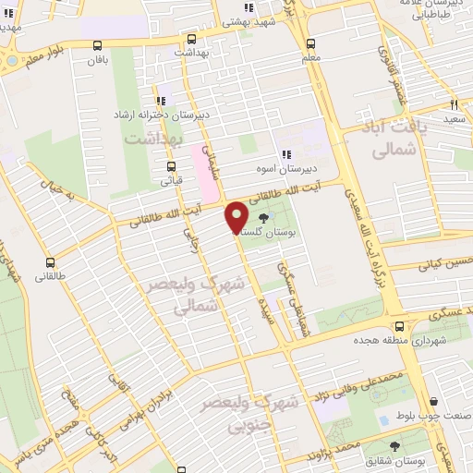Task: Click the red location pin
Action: (236, 217)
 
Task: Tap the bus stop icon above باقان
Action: (98, 44)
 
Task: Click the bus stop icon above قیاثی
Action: (170, 167)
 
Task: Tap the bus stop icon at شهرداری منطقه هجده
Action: (399, 326)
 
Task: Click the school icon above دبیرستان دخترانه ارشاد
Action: (161, 100)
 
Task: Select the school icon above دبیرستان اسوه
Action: (286, 154)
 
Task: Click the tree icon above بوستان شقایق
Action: (395, 446)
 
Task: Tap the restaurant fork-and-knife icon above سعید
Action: (454, 104)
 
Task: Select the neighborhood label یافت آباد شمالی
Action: (392, 140)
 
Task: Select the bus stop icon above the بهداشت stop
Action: (191, 40)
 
